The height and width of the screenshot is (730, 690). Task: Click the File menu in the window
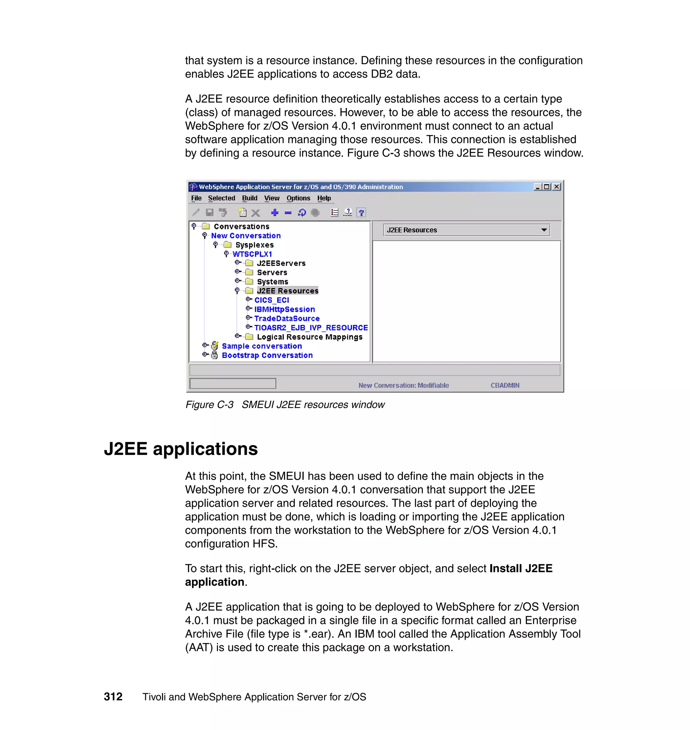[196, 198]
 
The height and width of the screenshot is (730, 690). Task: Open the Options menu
[298, 198]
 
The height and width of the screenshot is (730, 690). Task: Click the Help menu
[324, 198]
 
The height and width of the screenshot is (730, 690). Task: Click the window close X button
[557, 187]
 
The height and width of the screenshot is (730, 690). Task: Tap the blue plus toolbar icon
[274, 212]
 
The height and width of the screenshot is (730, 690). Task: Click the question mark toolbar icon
[361, 212]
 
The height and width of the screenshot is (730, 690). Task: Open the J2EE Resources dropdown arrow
[544, 230]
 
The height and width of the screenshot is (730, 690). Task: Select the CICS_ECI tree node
[272, 300]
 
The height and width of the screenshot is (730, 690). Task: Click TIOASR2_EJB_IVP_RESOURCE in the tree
[311, 328]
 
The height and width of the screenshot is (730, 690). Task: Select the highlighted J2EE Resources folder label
[287, 291]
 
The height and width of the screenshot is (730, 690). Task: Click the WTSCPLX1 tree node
[252, 254]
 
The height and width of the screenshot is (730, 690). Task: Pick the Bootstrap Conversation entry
[267, 355]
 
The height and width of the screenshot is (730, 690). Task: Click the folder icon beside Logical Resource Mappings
[249, 337]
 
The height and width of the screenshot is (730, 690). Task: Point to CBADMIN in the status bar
[505, 385]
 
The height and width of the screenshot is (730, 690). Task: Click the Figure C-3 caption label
[209, 405]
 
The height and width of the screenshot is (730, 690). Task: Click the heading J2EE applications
[181, 449]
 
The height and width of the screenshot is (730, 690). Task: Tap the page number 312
[113, 697]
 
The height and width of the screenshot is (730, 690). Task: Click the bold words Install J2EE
[521, 568]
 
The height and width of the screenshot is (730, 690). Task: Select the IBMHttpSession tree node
[284, 309]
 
